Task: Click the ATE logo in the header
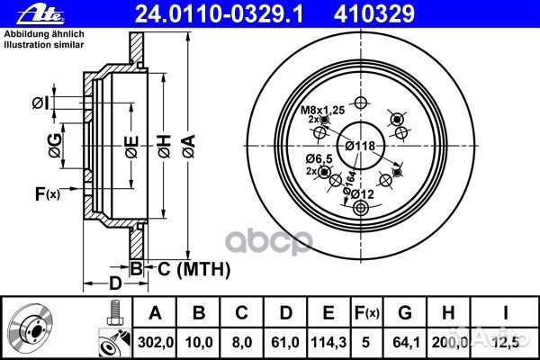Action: [40, 14]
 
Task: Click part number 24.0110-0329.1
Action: [219, 14]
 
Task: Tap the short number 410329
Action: [374, 14]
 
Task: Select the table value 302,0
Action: [156, 342]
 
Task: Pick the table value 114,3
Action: [328, 342]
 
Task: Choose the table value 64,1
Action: [406, 342]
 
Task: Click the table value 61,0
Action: [285, 342]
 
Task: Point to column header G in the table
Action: [405, 313]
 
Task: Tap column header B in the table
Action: [199, 313]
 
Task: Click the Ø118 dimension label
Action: [360, 146]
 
